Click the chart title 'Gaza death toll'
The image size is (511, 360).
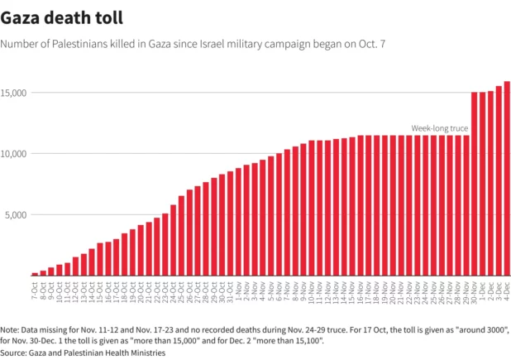coord(63,17)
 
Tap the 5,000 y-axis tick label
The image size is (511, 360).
coord(17,215)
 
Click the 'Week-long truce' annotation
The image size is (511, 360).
coord(440,128)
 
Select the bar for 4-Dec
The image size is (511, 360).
coord(507,178)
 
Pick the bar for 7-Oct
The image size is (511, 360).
coord(35,273)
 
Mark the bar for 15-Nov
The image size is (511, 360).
coord(352,206)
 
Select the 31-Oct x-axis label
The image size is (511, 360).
coord(230,291)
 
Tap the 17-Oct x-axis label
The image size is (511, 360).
coord(116,291)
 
